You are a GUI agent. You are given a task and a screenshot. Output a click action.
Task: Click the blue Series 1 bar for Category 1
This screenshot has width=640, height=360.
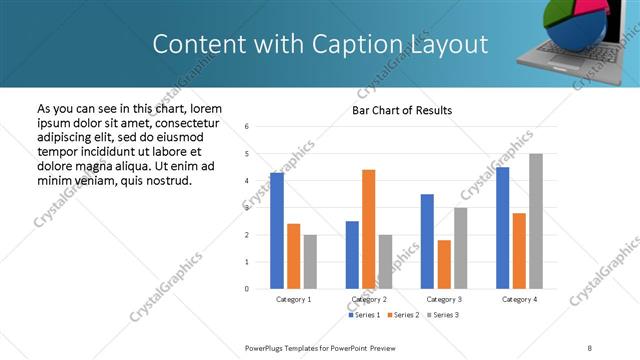pyautogui.click(x=277, y=231)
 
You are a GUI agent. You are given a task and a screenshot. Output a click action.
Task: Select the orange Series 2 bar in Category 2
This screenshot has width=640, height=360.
pyautogui.click(x=368, y=229)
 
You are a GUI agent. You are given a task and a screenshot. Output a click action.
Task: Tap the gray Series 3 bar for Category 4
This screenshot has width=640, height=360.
pyautogui.click(x=535, y=221)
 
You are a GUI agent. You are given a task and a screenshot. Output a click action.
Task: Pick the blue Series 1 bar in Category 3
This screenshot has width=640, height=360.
pyautogui.click(x=427, y=241)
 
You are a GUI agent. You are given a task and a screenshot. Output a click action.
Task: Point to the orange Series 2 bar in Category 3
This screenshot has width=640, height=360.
pyautogui.click(x=444, y=264)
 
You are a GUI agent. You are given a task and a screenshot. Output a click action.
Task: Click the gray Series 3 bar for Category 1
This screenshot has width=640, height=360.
pyautogui.click(x=310, y=261)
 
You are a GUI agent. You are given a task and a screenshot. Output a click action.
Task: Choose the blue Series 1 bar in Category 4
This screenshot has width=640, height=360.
pyautogui.click(x=502, y=228)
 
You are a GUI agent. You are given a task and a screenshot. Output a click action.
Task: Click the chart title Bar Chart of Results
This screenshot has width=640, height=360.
pyautogui.click(x=402, y=110)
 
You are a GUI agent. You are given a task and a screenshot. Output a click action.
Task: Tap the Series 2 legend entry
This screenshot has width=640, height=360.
pyautogui.click(x=402, y=315)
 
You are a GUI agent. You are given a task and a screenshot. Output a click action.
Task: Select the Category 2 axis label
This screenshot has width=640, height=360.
pyautogui.click(x=369, y=299)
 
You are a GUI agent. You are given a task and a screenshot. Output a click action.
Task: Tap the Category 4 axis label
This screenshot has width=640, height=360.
pyautogui.click(x=519, y=299)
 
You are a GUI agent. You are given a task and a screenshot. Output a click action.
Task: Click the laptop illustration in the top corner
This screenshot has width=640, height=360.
pyautogui.click(x=585, y=40)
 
